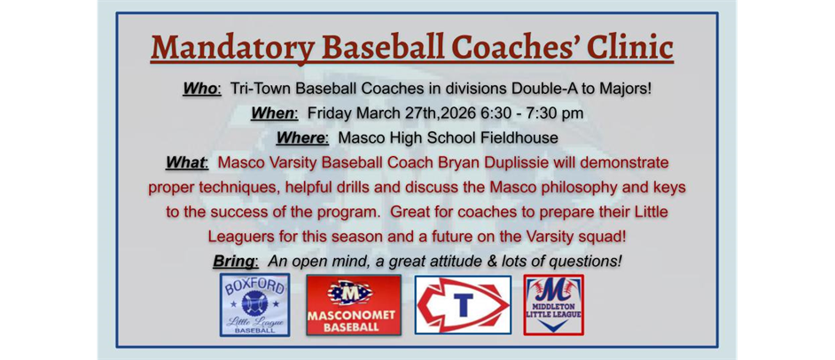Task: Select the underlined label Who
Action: (200, 90)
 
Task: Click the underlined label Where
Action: (301, 138)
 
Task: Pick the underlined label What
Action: (185, 163)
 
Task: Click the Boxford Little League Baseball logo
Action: (254, 305)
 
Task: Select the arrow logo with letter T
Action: (463, 305)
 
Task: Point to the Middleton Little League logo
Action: (554, 305)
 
